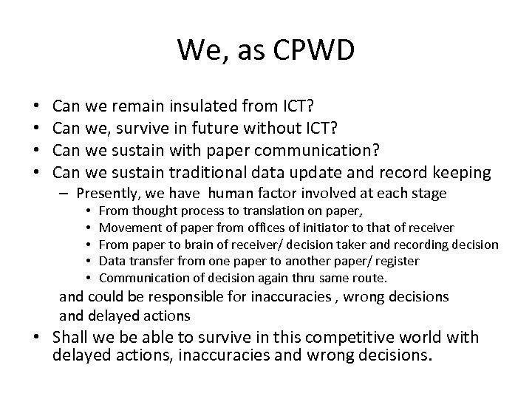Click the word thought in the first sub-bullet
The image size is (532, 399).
[148, 212]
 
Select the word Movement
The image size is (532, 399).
[124, 228]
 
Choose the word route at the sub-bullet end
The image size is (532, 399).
[371, 278]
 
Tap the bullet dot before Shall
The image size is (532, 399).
[44, 338]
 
